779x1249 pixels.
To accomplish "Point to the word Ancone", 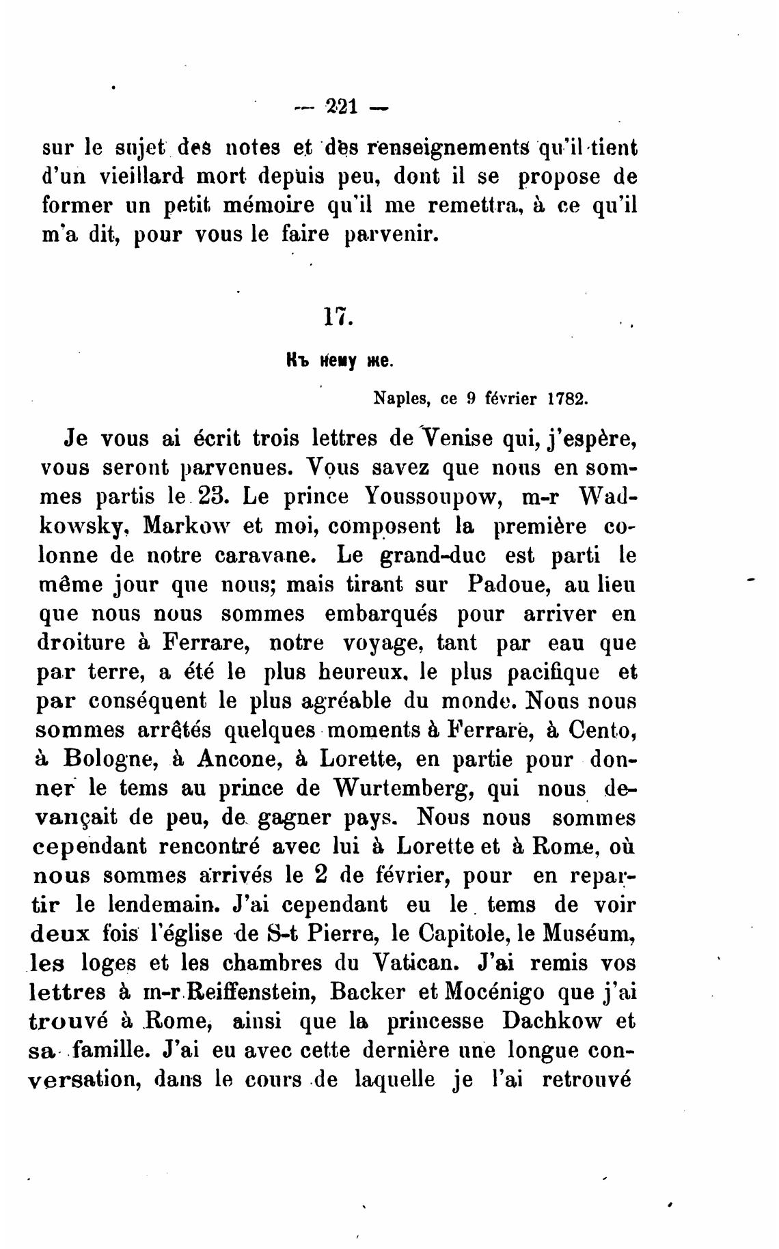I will pyautogui.click(x=237, y=759).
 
